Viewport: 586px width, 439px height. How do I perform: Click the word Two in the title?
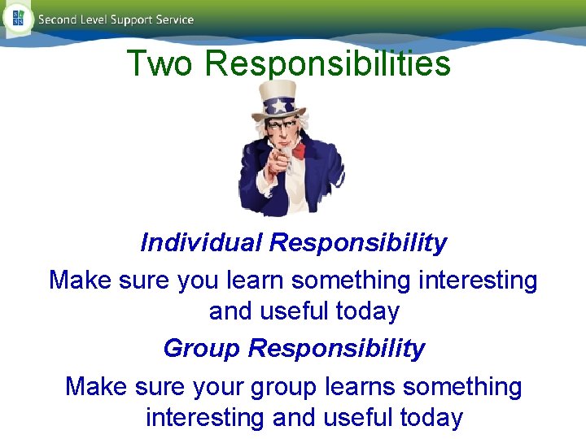pos(160,63)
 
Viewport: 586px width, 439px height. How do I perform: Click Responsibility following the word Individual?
pos(358,242)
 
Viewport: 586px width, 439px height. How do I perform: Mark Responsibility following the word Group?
pos(336,348)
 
